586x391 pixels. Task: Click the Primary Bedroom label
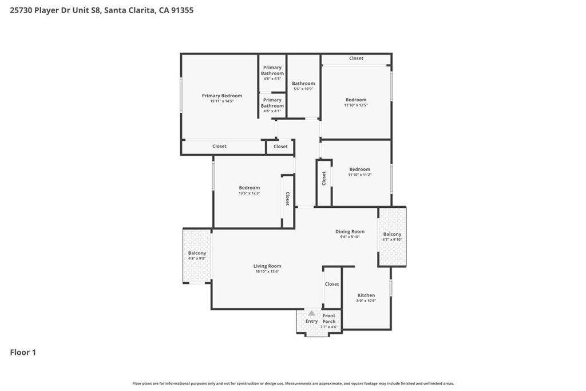pos(222,96)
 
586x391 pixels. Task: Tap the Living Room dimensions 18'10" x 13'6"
pos(267,271)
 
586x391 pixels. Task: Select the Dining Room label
pos(350,231)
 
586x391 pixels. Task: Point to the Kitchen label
pos(366,295)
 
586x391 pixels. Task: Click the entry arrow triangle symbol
pos(312,313)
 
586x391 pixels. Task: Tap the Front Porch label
pos(329,318)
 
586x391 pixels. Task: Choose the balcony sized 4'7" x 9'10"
pos(392,236)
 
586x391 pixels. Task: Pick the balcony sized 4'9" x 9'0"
pos(197,256)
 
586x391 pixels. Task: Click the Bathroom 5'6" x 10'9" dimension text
pos(303,89)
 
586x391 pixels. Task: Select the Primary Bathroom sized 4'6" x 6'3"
pos(272,73)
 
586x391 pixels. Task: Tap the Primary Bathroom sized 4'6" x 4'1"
pos(272,105)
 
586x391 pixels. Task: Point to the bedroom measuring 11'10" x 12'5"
pos(356,102)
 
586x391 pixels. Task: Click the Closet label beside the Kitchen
pos(332,284)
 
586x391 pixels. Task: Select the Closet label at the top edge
pos(356,58)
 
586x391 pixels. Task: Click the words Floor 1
pos(23,353)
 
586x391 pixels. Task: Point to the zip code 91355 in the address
pos(183,10)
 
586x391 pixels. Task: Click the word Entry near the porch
pos(312,321)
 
